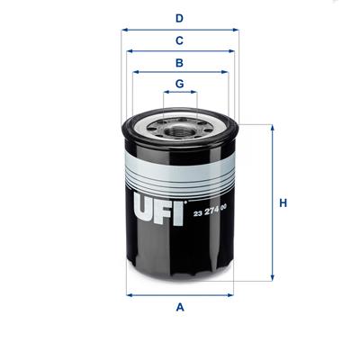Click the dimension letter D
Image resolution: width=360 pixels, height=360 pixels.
[x=179, y=17]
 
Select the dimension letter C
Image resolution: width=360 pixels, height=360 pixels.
[x=179, y=40]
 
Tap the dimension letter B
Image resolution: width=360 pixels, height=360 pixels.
[x=179, y=63]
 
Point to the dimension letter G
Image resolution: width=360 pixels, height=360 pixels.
[x=179, y=84]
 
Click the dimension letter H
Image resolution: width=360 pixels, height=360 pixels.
[x=282, y=203]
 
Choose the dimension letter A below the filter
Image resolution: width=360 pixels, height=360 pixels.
[x=179, y=308]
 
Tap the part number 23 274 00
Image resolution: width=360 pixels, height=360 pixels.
[x=211, y=212]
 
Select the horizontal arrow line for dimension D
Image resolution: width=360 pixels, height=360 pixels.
[x=179, y=29]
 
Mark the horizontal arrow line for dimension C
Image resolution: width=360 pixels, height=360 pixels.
[x=179, y=51]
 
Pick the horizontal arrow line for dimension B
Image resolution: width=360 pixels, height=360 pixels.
[x=179, y=73]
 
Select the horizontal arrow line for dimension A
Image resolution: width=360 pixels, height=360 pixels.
[x=179, y=294]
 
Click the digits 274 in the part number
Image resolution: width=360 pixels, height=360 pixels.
[x=211, y=212]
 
